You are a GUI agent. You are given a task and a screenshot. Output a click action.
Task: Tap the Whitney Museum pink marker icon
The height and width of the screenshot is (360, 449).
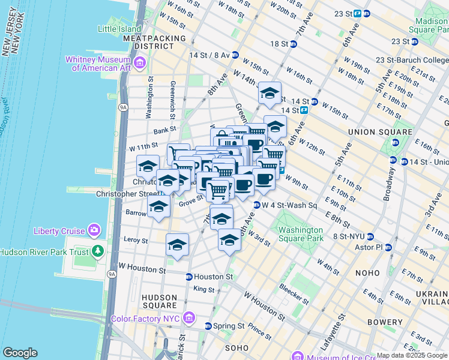coord(140,62)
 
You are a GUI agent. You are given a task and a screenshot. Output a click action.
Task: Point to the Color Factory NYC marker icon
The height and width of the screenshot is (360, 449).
coord(189,317)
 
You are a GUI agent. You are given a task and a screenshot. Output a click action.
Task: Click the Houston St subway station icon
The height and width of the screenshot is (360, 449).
coord(189,277)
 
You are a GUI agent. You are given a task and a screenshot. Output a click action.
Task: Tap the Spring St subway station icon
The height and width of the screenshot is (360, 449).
coord(208,326)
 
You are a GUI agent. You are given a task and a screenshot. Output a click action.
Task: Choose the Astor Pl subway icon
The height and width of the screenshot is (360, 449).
coord(388,247)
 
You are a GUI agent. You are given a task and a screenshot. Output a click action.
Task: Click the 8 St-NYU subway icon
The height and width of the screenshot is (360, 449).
coord(370,236)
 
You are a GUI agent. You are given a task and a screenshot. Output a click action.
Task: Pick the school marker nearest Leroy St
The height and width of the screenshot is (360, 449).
coord(177,245)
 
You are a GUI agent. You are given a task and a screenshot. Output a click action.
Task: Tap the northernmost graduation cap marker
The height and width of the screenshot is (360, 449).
coord(270,93)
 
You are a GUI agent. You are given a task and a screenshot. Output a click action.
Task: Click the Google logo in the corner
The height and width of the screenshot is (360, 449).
coord(20,353)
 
